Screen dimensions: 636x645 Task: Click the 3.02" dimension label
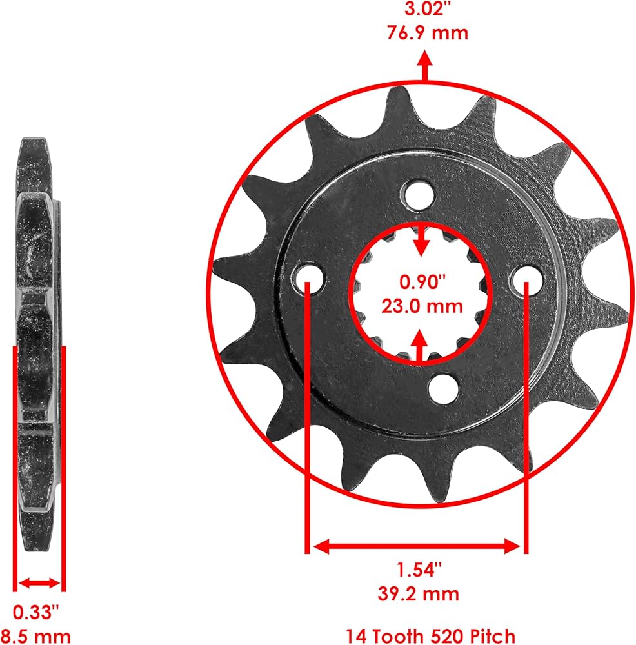coord(425,8)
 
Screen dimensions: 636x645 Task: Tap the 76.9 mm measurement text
coord(428,32)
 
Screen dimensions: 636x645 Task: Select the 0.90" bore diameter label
coord(422,282)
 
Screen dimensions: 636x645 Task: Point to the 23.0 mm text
coord(422,306)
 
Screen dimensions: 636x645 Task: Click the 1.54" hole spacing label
coord(419,570)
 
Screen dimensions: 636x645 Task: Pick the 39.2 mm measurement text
coord(419,594)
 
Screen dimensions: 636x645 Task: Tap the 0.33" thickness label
coord(36,612)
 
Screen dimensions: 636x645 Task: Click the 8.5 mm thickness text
coord(36,635)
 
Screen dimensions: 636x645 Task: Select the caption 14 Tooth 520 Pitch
coord(430,635)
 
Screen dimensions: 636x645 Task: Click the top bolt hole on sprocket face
coord(419,195)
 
